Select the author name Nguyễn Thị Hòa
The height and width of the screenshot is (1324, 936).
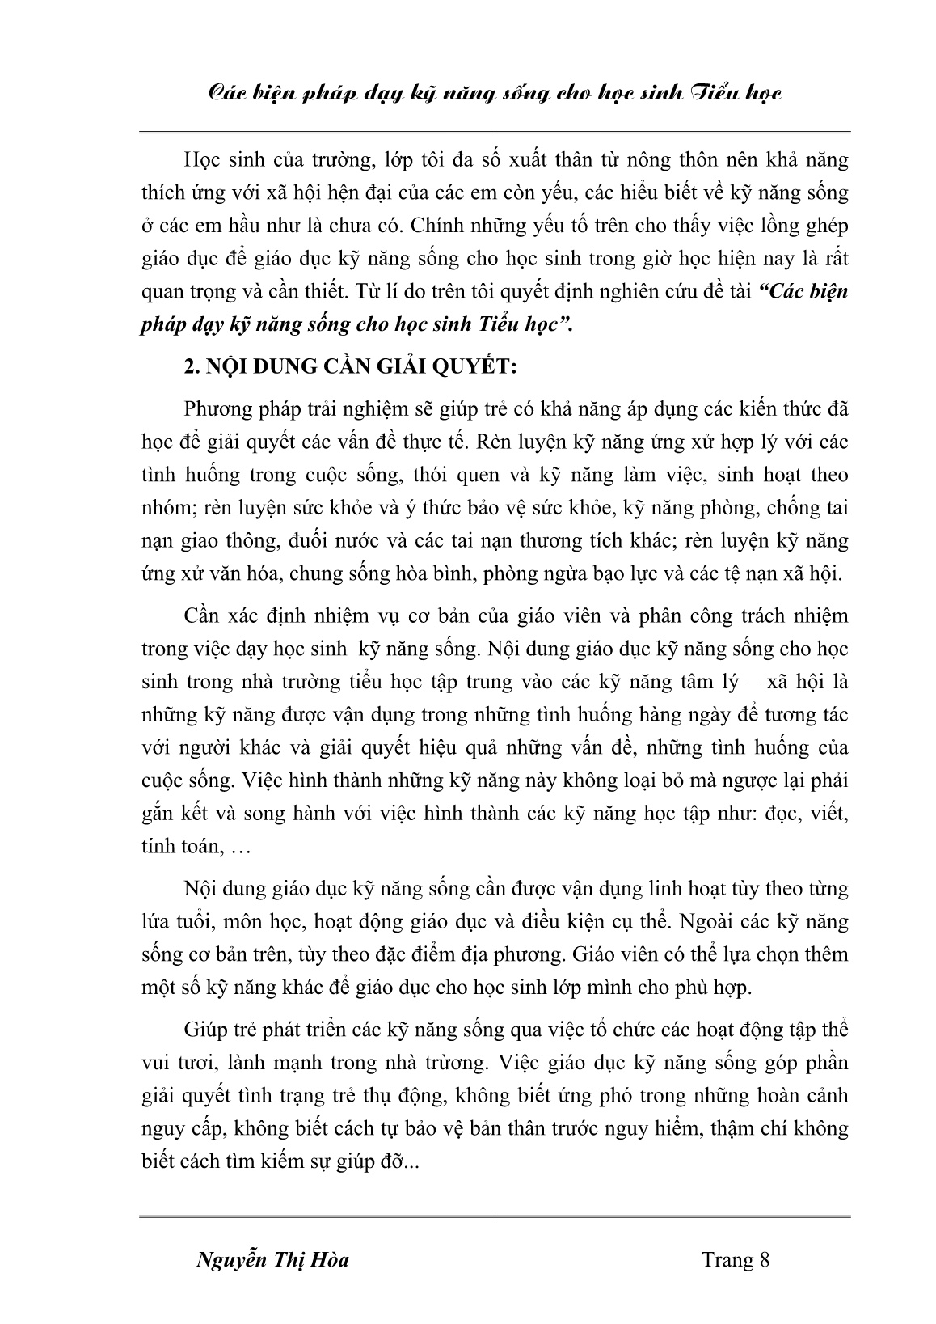(x=273, y=1260)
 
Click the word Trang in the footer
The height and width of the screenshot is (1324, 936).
(x=727, y=1260)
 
